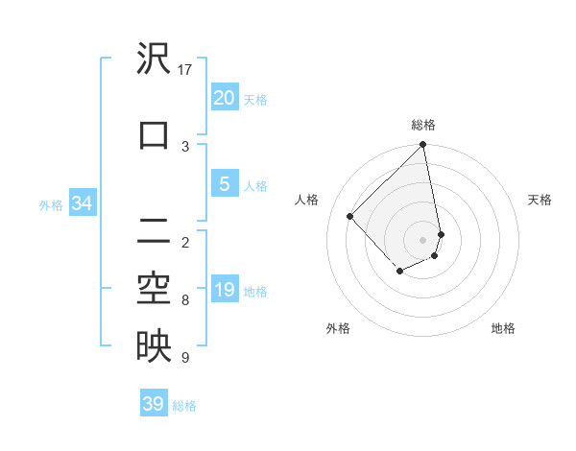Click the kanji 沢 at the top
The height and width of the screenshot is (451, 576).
click(154, 59)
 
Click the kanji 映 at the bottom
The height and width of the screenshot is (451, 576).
click(154, 346)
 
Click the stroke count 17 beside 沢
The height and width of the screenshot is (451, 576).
click(185, 70)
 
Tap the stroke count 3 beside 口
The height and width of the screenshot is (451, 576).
click(185, 146)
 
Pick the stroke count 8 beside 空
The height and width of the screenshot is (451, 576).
click(185, 300)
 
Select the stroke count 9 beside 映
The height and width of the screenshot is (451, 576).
click(185, 358)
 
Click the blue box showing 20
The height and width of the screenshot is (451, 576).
click(224, 97)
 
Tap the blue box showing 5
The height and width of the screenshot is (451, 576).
click(224, 184)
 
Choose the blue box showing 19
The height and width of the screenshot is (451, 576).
click(224, 290)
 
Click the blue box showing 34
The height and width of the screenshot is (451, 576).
click(82, 202)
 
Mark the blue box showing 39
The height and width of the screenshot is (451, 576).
click(153, 404)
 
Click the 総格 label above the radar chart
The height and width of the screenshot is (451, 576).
click(423, 125)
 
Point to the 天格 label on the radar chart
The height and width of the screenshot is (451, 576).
click(540, 200)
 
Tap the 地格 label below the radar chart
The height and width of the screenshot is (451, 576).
click(503, 328)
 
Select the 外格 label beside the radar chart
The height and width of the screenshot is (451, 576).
click(338, 328)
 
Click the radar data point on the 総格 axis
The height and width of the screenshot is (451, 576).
click(423, 146)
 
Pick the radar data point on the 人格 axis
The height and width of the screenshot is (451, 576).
click(350, 216)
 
